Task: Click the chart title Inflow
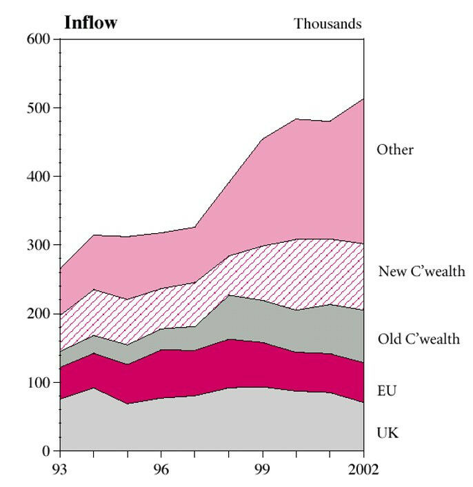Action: point(90,23)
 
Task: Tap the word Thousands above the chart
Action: point(328,24)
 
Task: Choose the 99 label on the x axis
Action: point(263,470)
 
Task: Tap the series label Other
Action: point(394,150)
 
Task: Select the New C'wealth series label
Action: point(421,271)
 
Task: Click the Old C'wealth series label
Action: point(419,339)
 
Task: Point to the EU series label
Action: point(387,391)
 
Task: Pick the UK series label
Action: point(388,433)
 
